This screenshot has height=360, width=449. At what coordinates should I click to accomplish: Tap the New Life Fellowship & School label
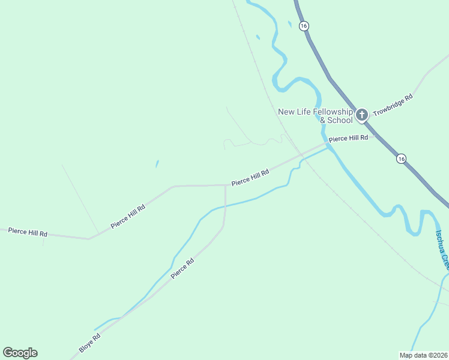click(x=315, y=116)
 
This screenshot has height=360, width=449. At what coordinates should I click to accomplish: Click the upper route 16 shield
click(x=304, y=26)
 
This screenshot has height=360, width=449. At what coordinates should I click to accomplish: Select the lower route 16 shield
click(x=401, y=158)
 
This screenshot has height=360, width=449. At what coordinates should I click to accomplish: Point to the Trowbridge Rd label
click(x=393, y=104)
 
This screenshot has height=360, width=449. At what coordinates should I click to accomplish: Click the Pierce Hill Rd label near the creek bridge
click(x=348, y=138)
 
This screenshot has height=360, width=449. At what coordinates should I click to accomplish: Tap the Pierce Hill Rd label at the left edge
click(x=28, y=232)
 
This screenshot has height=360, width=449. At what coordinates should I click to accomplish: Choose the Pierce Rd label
click(x=182, y=269)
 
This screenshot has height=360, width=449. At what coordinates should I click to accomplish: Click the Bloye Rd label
click(x=89, y=343)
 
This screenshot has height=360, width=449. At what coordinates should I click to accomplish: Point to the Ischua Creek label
click(x=442, y=248)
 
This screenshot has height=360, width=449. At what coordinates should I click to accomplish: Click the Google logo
click(x=20, y=353)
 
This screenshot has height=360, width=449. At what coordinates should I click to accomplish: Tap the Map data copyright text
click(x=423, y=355)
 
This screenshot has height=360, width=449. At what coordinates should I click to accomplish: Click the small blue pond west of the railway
click(x=157, y=163)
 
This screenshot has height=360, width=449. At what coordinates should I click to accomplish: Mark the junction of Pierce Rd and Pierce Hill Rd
click(x=225, y=185)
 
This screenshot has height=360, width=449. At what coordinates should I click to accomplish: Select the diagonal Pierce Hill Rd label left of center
click(x=128, y=217)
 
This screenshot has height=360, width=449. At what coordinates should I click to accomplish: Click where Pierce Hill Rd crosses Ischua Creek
click(x=328, y=144)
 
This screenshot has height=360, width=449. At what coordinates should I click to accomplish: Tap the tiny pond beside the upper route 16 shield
click(x=289, y=24)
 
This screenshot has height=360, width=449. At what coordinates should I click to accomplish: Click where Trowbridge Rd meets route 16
click(x=368, y=122)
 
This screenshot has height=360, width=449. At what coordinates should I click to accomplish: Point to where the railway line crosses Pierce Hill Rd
click(x=301, y=155)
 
